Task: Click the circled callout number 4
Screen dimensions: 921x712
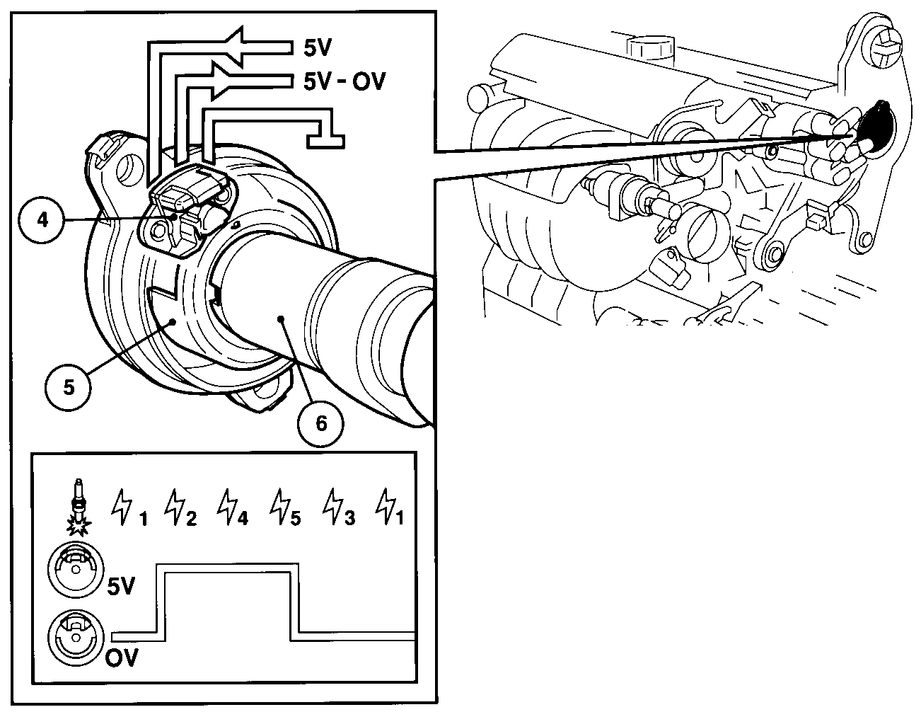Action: pos(42,221)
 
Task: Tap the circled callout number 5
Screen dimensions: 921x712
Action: pos(68,388)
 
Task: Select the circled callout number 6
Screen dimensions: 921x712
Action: pos(320,424)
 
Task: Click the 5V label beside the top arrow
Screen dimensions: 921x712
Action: pos(318,48)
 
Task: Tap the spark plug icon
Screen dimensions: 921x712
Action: pos(79,507)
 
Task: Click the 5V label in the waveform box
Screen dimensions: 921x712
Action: pos(121,586)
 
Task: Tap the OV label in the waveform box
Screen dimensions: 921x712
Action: pos(122,658)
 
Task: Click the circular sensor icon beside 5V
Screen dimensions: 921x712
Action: pos(76,570)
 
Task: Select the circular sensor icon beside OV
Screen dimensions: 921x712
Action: pos(76,638)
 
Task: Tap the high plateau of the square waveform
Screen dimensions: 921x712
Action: pos(228,568)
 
